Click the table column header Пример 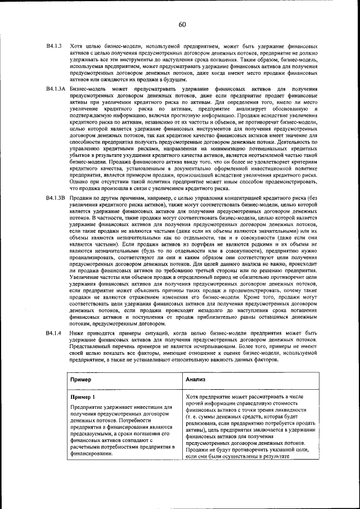(x=80, y=379)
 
